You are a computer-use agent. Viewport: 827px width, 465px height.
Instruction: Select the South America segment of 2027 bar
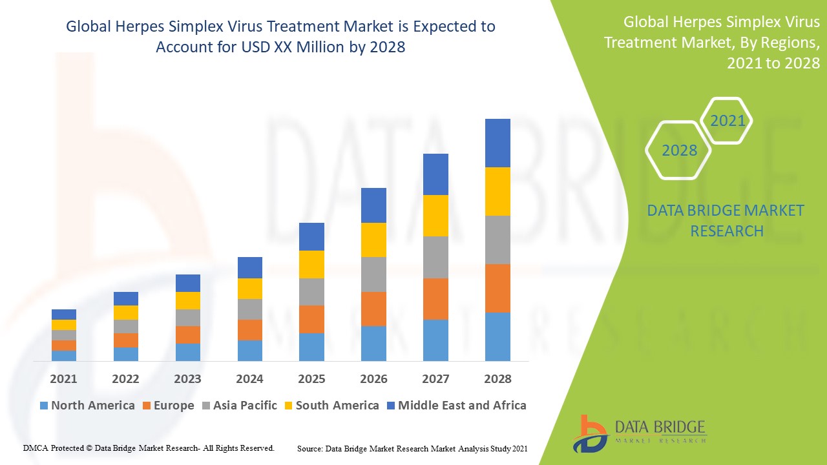(435, 215)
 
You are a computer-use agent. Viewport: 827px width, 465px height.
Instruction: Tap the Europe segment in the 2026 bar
(373, 309)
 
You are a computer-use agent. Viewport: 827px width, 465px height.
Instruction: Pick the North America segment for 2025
(311, 347)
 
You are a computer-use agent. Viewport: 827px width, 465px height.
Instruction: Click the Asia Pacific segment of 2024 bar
(250, 309)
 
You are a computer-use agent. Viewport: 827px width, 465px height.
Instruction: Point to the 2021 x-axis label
(63, 378)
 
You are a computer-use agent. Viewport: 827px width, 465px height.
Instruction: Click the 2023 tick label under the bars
(187, 378)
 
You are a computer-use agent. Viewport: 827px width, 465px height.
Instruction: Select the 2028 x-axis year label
(497, 378)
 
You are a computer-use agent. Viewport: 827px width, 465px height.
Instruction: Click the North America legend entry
(87, 406)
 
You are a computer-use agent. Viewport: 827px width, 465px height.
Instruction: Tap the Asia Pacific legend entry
(238, 406)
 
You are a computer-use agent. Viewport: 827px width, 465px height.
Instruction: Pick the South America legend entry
(331, 406)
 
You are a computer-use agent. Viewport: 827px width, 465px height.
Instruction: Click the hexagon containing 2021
(727, 121)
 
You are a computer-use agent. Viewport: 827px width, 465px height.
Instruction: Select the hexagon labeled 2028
(679, 150)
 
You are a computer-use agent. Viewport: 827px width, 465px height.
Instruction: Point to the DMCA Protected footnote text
(149, 448)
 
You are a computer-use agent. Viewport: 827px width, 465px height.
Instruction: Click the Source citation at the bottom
(412, 448)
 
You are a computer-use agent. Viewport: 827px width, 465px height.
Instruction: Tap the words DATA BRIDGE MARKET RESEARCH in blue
(726, 220)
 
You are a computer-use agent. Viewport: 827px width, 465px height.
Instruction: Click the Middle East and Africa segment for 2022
(126, 298)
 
